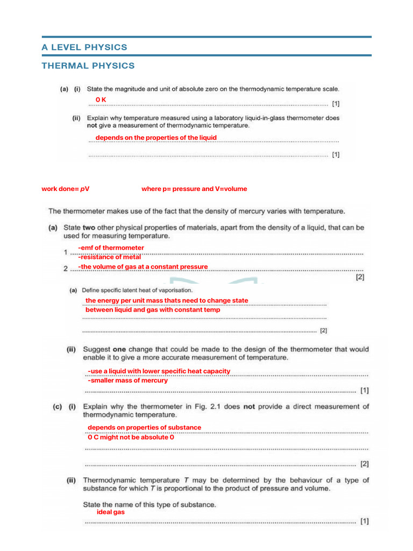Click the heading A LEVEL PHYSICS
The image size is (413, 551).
84,47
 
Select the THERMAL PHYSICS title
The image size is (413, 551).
88,66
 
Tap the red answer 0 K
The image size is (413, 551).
101,100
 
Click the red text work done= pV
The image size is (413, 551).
66,189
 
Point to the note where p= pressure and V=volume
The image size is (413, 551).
194,189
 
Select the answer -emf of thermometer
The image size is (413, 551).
111,248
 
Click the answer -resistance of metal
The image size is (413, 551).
109,257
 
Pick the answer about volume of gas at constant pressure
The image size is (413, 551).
143,267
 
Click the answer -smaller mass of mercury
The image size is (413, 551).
127,380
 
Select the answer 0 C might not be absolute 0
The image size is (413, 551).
131,437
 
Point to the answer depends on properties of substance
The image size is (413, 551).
144,428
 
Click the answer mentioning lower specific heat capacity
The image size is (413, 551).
159,371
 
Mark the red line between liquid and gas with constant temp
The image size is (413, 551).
153,310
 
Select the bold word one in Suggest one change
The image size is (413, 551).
119,349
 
